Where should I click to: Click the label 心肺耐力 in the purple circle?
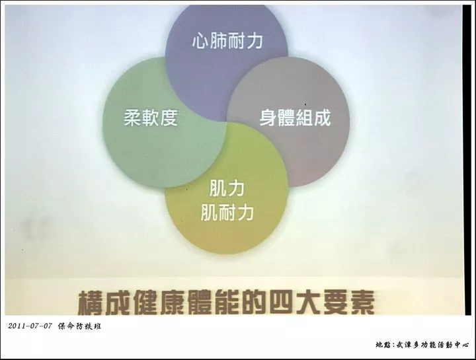tap(227, 41)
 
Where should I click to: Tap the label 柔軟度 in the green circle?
tap(151, 118)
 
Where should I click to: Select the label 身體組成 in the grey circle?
tap(295, 118)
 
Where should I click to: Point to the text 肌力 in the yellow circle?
tap(227, 189)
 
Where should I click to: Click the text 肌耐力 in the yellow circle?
tap(227, 212)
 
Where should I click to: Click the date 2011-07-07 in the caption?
tap(30, 326)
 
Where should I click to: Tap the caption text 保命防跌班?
tap(79, 326)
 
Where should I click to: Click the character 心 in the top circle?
tap(200, 41)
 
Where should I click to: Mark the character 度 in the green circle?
tap(169, 118)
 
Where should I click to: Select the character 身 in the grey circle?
tap(268, 118)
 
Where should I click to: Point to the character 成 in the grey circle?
tap(322, 118)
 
